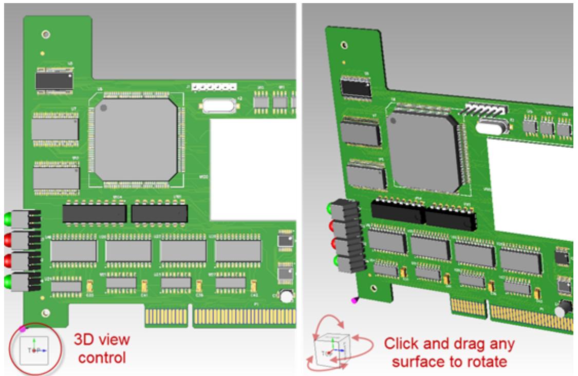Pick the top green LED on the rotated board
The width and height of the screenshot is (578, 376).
pyautogui.click(x=330, y=209)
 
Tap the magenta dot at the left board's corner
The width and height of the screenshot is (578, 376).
pyautogui.click(x=22, y=328)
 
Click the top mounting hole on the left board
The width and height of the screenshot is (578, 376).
pyautogui.click(x=46, y=34)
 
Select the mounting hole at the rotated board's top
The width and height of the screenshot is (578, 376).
pyautogui.click(x=344, y=45)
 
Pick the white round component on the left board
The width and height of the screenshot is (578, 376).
pyautogui.click(x=286, y=296)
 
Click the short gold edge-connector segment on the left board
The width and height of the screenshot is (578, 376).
pyautogui.click(x=166, y=318)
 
